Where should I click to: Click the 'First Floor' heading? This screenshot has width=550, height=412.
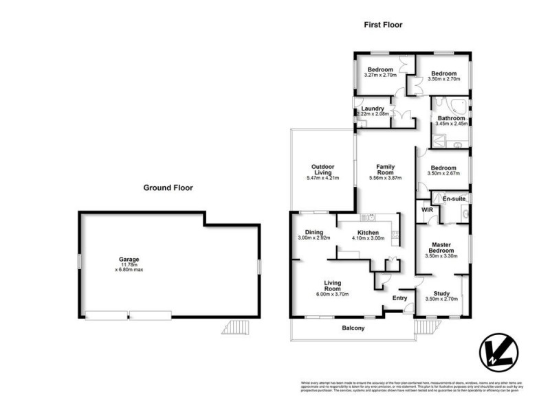coord(383,25)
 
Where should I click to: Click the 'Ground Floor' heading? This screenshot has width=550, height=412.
coord(168,187)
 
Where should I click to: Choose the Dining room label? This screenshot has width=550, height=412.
coord(314,233)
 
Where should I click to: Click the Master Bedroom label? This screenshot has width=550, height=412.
coord(441,248)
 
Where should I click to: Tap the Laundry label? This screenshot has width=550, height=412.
coord(372,108)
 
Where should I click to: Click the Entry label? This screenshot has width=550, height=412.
coord(399,298)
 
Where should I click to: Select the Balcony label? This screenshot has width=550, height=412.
coord(353,328)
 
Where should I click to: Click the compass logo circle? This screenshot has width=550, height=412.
coord(496,351)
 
